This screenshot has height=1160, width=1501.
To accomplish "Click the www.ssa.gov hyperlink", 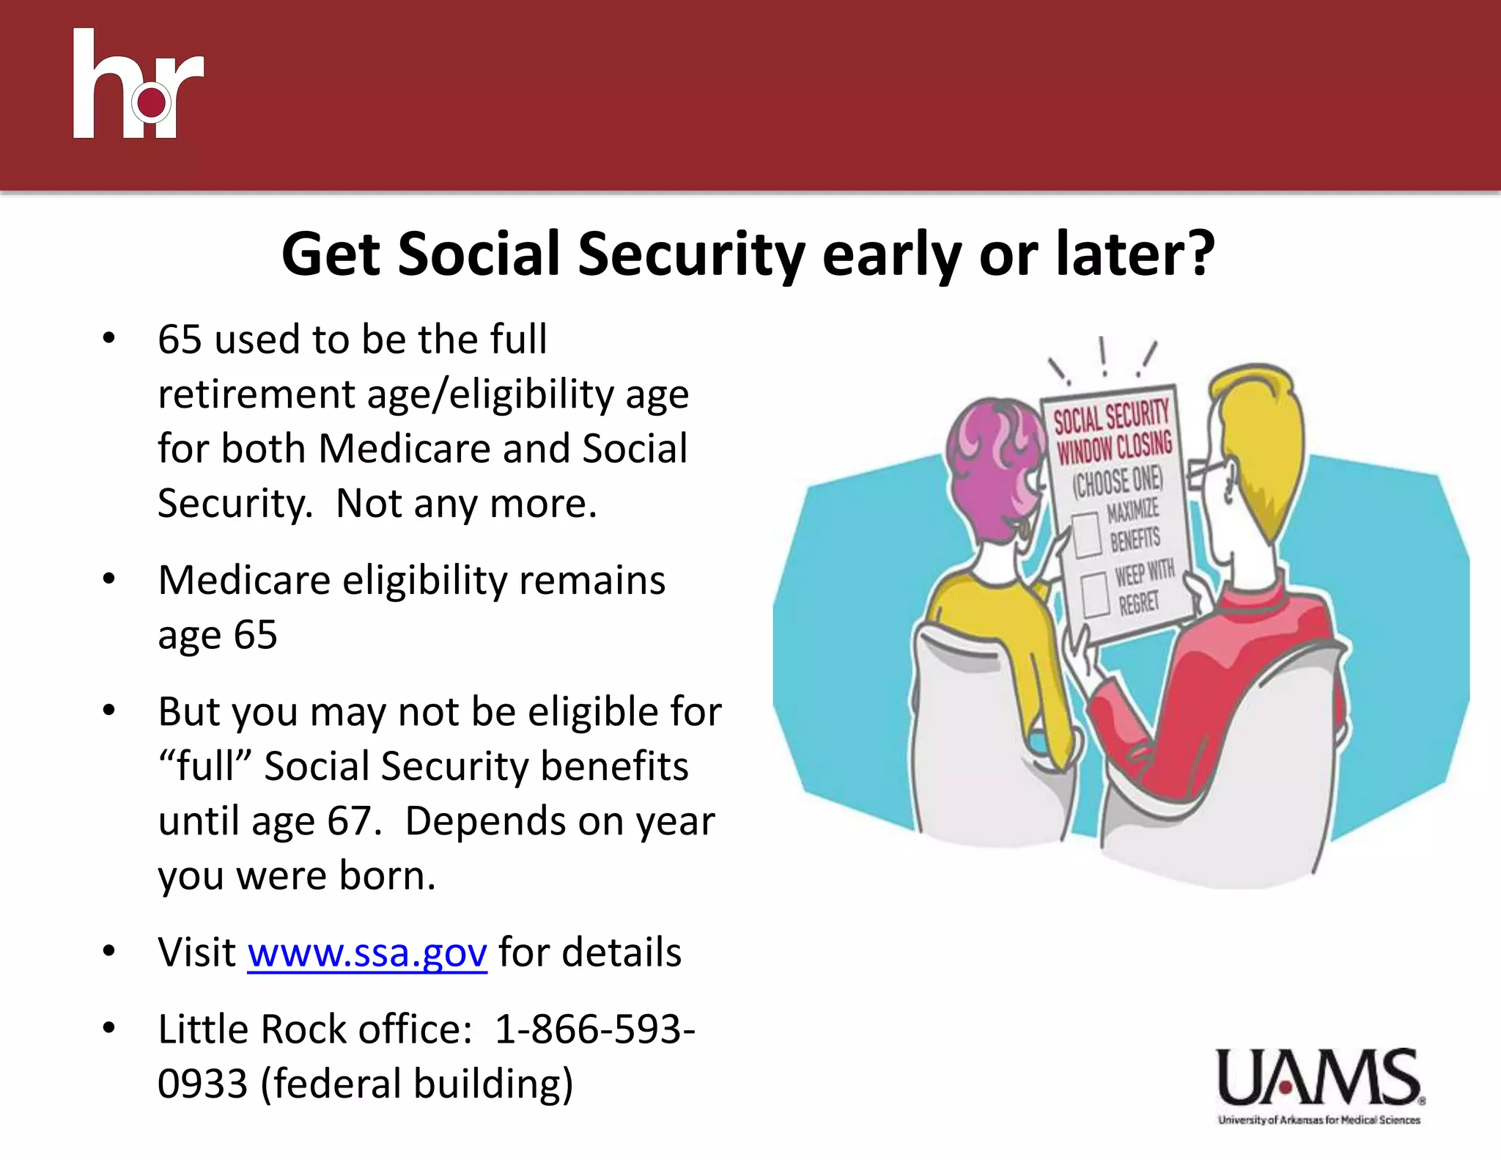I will tap(367, 952).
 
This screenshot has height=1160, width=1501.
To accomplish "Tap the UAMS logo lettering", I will tap(1319, 1078).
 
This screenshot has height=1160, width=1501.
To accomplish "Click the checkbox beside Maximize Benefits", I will tap(1086, 535).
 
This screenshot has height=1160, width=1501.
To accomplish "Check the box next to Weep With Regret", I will tap(1096, 595).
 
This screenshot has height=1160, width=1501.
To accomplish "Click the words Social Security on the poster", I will tap(1110, 417).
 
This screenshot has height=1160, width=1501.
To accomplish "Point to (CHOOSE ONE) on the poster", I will tap(1118, 481).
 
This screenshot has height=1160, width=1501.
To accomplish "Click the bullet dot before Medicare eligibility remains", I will tap(109, 579).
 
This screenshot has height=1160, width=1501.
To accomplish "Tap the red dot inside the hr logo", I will tap(152, 102).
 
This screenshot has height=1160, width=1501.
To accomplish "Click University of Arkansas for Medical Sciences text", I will tap(1319, 1120).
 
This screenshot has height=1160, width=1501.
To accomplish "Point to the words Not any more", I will tap(466, 504).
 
